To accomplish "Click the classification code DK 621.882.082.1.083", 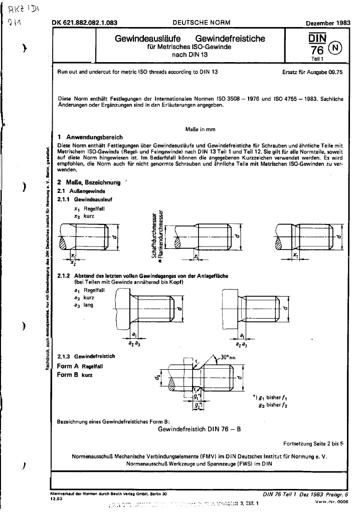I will click(84, 23).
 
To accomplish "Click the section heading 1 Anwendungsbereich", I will click(90, 137).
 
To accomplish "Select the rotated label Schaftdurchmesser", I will click(154, 233).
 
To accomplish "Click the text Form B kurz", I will click(75, 375).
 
